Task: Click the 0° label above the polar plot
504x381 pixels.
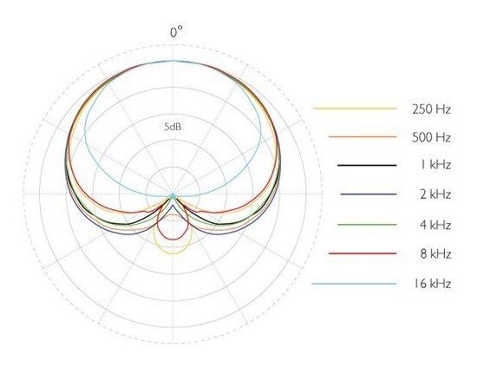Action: pos(176,32)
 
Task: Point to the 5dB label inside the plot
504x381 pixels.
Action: pos(173,127)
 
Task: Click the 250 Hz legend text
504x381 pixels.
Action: pos(431,109)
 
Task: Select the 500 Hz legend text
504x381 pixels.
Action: pos(431,138)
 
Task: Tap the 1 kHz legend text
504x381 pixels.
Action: pos(435,165)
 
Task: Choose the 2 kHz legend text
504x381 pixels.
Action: pos(435,194)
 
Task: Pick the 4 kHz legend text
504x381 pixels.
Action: pos(435,225)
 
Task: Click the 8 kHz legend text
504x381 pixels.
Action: pos(435,254)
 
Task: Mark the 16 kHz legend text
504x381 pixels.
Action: pos(431,284)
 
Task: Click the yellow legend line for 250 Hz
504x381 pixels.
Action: pos(355,108)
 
